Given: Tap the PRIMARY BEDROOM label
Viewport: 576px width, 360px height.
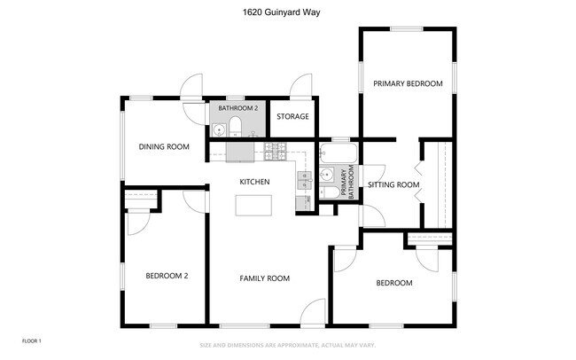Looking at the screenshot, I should [407, 83].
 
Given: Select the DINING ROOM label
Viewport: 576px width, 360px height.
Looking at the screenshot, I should [164, 146].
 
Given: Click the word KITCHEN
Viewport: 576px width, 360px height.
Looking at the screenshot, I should [254, 182].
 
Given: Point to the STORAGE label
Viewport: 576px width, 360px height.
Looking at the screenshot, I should [292, 116].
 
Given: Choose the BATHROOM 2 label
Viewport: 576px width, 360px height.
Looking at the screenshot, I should [237, 108].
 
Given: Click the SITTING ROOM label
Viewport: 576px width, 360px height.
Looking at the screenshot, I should [393, 184].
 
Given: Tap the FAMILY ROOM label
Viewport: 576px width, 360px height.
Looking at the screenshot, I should [265, 278].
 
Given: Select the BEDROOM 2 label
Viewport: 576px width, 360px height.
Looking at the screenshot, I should [167, 276].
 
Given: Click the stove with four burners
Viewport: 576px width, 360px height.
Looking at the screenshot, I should [276, 152].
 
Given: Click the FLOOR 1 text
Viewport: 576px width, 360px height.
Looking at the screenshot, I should [31, 340].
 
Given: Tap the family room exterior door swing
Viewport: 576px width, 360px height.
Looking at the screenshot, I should [314, 312].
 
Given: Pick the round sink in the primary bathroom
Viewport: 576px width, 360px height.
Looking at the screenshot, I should [326, 174].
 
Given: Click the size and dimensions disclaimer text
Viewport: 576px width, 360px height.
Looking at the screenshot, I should [287, 346].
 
